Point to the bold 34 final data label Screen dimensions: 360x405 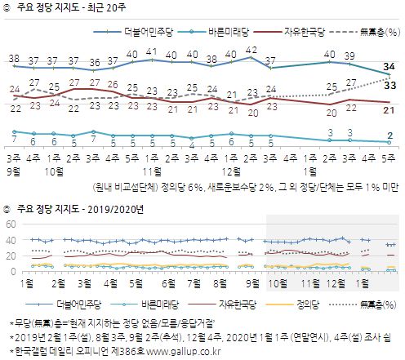pos(390,66)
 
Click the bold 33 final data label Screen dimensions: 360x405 pos(390,84)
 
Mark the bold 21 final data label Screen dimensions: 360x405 pos(390,110)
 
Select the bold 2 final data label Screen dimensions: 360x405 pos(390,136)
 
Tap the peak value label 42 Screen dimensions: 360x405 pos(251,51)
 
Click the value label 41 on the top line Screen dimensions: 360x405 pos(151,51)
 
